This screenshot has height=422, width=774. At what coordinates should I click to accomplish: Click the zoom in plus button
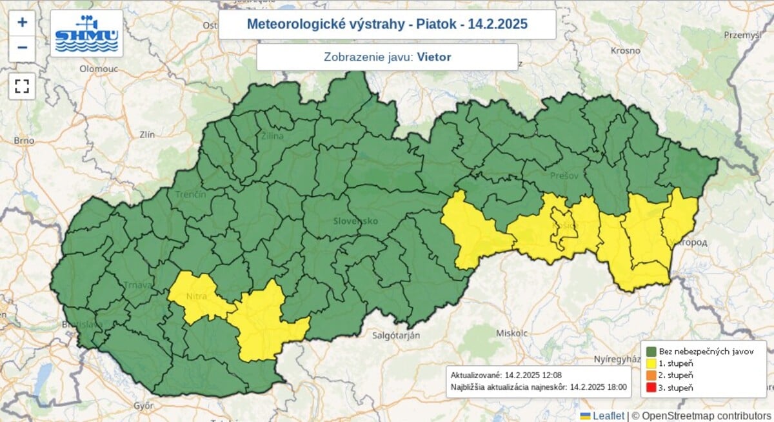[x=22, y=23]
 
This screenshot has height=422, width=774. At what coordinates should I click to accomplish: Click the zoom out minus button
[x=22, y=48]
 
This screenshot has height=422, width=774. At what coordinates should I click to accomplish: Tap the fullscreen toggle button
[x=22, y=86]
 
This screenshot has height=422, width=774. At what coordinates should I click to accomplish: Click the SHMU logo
[x=86, y=34]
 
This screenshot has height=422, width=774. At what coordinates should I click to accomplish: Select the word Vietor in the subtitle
[x=434, y=57]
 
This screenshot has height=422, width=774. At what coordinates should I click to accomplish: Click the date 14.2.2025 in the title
[x=497, y=25]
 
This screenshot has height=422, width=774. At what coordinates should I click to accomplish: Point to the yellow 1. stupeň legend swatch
[x=651, y=364]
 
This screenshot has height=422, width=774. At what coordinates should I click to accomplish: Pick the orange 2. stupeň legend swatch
[x=651, y=376]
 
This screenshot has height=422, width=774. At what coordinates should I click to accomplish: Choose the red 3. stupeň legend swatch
[x=651, y=388]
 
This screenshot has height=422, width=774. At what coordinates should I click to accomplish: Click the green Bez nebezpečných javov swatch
[x=651, y=352]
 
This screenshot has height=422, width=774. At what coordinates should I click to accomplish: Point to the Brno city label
[x=24, y=140]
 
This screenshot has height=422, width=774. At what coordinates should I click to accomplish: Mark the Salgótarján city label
[x=396, y=336]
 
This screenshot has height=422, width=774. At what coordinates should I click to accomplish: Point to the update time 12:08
[x=557, y=374]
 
